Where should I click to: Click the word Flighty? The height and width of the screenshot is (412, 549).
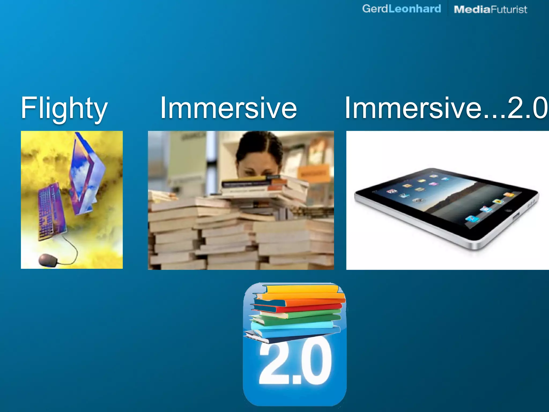[x=64, y=108]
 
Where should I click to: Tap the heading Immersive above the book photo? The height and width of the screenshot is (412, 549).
[x=228, y=108]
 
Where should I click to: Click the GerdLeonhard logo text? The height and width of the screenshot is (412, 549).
[x=401, y=9]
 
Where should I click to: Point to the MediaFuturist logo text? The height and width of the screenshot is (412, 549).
[x=490, y=10]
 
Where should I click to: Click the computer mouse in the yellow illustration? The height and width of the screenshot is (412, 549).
[x=48, y=260]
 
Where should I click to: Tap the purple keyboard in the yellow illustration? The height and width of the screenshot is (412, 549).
[x=51, y=211]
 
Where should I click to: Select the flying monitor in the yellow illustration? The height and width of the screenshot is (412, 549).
[x=86, y=174]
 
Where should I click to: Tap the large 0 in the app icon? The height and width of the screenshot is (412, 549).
[x=316, y=362]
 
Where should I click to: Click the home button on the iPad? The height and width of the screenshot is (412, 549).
[x=508, y=210]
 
